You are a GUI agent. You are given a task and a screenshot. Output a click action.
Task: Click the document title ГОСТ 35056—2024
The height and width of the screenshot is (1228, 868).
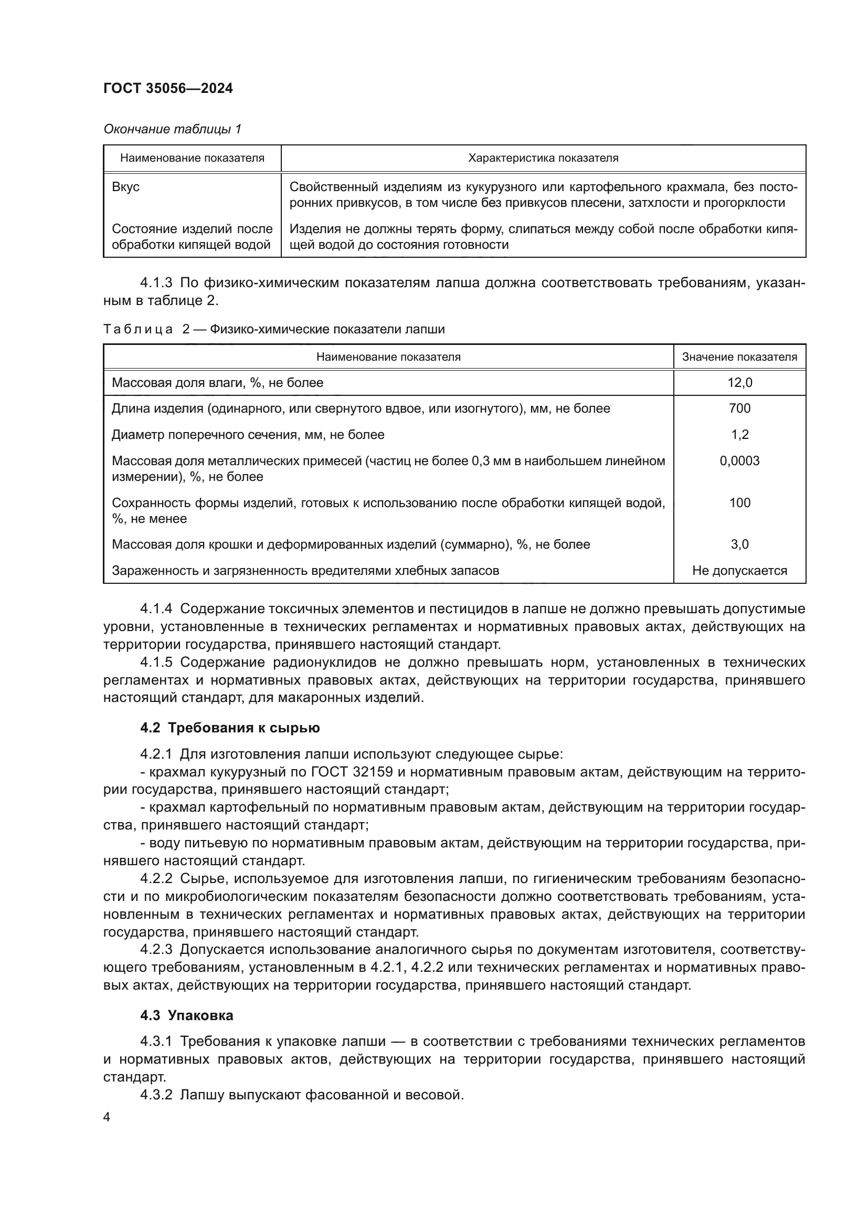point(168,88)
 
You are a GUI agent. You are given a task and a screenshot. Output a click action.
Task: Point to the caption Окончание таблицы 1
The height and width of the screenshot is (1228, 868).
point(172,129)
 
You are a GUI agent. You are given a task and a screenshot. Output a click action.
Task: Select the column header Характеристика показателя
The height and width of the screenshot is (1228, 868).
point(543,158)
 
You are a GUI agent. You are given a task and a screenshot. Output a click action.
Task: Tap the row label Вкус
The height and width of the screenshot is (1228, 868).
point(125,187)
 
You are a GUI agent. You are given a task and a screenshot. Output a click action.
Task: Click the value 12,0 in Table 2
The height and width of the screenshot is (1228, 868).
point(740,382)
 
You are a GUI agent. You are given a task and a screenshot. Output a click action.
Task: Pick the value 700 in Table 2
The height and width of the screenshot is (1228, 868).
point(740,408)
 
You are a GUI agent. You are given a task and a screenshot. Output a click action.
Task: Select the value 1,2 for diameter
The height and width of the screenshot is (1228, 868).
point(740,434)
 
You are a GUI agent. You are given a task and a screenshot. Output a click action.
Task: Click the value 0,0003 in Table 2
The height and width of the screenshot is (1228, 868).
point(740,460)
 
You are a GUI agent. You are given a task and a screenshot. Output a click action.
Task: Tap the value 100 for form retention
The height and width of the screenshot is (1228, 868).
point(740,503)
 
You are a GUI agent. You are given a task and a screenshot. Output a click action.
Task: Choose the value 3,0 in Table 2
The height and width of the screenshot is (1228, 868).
point(740,544)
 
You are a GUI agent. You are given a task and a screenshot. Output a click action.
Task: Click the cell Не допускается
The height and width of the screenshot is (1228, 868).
point(740,571)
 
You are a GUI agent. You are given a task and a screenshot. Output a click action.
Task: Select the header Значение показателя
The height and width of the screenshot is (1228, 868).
point(740,356)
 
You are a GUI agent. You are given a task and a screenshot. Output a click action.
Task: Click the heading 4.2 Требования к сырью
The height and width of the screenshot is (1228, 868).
point(230,728)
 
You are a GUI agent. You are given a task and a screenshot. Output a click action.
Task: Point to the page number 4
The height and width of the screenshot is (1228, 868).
point(107,1117)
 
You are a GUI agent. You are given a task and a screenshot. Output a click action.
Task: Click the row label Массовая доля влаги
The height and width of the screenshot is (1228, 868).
point(217,382)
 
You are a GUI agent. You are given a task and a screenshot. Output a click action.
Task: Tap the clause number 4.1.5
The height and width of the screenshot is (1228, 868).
point(156,663)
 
